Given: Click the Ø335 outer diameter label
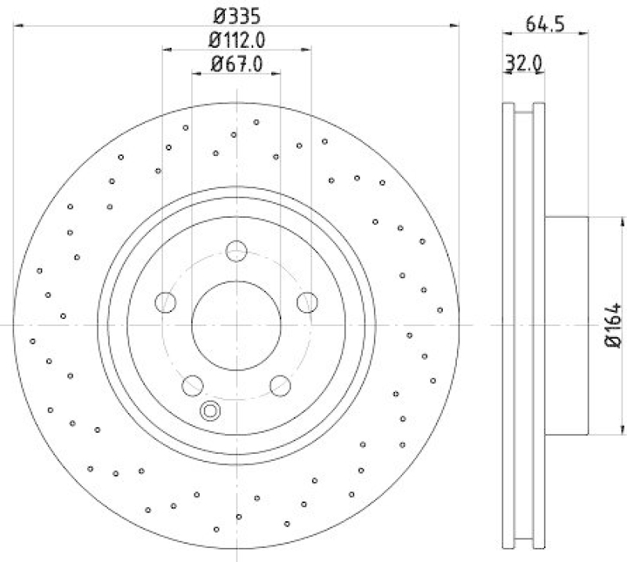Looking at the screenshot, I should (x=236, y=15).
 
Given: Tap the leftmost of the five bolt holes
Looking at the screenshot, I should (x=165, y=301).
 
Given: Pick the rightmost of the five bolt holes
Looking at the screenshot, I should (x=306, y=301).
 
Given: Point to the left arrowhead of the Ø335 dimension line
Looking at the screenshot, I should (x=19, y=27).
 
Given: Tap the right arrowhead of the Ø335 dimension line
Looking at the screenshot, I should (x=455, y=27).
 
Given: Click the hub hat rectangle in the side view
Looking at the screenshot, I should (x=566, y=324).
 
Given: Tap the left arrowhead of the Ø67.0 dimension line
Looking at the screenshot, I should (x=196, y=74).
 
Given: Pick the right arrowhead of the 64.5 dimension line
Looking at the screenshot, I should (x=584, y=32).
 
